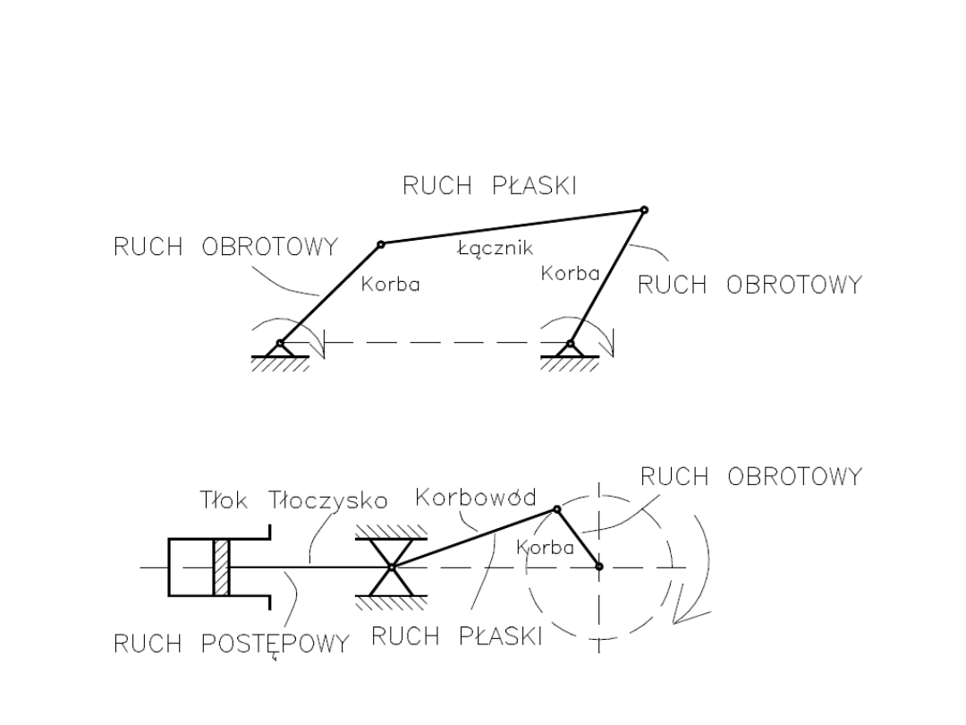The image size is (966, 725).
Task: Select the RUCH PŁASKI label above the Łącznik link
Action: tap(489, 186)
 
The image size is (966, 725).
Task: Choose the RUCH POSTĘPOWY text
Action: tap(230, 644)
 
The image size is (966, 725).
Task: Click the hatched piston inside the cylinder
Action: tap(221, 567)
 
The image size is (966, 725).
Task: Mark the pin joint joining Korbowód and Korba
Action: tap(556, 509)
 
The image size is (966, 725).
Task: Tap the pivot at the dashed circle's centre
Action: tap(599, 567)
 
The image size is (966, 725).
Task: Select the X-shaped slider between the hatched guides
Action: tap(391, 567)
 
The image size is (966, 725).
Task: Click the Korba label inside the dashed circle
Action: tap(546, 548)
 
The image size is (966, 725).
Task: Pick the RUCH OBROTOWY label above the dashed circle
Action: tap(751, 476)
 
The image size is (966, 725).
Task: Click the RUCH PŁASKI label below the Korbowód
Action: tap(457, 636)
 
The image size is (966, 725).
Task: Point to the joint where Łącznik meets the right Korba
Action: tap(644, 210)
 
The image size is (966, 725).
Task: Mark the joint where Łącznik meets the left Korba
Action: tap(380, 244)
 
